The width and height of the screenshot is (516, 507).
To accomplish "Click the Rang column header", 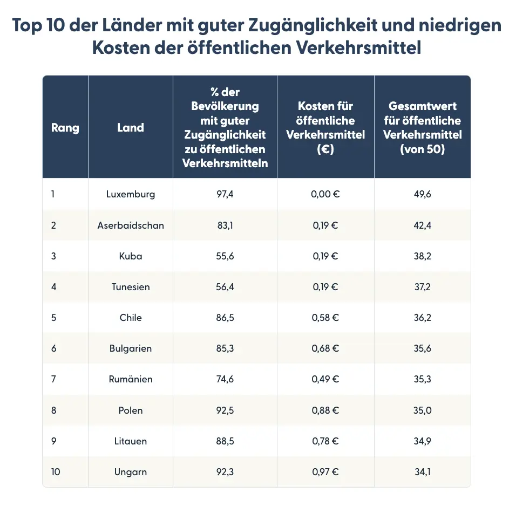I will click(65, 128).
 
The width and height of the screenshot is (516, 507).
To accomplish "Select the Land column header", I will click(131, 128).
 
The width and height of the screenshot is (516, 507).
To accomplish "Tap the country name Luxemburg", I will click(131, 194).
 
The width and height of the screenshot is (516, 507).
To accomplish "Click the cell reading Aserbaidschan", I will click(131, 225).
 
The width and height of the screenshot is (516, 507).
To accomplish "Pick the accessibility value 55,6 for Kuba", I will click(225, 256).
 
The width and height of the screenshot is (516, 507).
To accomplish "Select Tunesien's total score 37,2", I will click(422, 287).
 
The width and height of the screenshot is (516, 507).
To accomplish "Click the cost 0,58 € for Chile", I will click(325, 318).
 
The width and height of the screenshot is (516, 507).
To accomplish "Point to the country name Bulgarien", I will click(131, 348).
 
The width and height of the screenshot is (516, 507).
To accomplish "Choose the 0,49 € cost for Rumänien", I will click(325, 379).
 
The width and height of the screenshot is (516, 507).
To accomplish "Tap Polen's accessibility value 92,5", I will click(225, 410).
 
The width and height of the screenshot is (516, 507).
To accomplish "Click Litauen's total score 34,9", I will click(422, 441).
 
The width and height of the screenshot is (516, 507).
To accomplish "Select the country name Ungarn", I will click(131, 472).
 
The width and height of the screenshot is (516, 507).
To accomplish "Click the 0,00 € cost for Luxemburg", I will click(325, 194).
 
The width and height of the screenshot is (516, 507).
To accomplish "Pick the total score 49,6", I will click(422, 194).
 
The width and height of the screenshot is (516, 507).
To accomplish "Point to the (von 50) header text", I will click(422, 149).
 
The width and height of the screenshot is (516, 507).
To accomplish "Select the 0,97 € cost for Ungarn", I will click(325, 472).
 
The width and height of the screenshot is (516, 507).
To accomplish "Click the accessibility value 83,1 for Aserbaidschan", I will click(225, 225).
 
